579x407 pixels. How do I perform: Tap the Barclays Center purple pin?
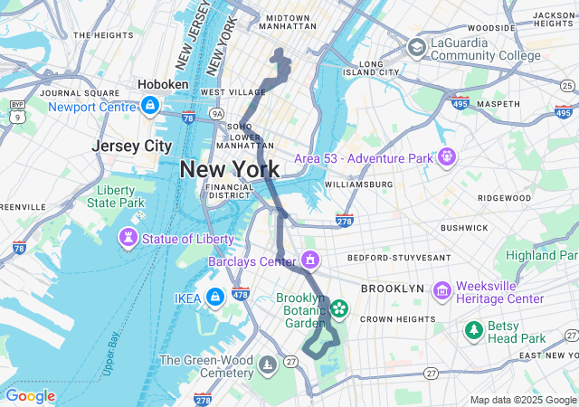click(x=310, y=261)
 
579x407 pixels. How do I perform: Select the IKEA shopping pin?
click(x=214, y=297)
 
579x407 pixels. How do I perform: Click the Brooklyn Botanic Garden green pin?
click(x=339, y=310)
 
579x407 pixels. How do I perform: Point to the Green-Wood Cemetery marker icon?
click(x=268, y=365)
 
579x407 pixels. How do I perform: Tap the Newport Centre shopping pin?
click(x=148, y=106)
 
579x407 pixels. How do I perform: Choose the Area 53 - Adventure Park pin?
click(x=446, y=158)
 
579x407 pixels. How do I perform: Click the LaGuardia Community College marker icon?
click(x=417, y=48)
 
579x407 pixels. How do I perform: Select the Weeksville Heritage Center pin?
click(x=442, y=290)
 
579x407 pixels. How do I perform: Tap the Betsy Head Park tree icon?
click(x=472, y=331)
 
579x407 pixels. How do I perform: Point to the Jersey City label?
click(x=132, y=146)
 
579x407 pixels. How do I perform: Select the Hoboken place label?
click(x=163, y=84)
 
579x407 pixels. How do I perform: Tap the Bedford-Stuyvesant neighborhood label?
click(x=399, y=258)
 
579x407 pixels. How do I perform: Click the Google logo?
click(x=30, y=396)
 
